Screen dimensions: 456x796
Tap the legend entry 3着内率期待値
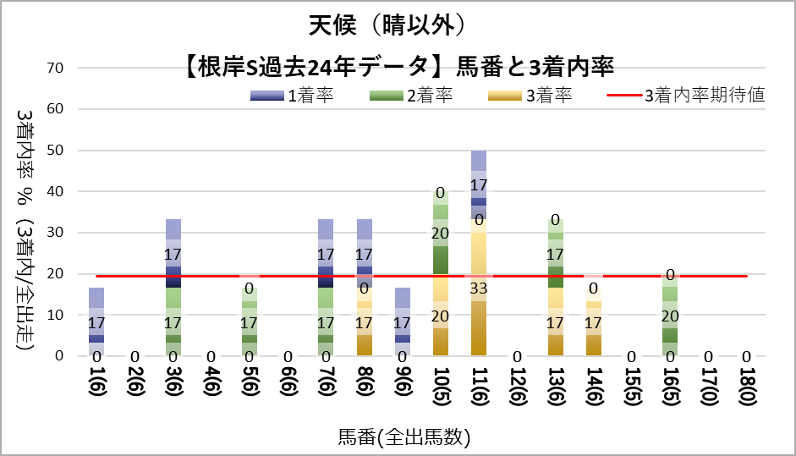686,96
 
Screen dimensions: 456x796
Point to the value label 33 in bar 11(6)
479,288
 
